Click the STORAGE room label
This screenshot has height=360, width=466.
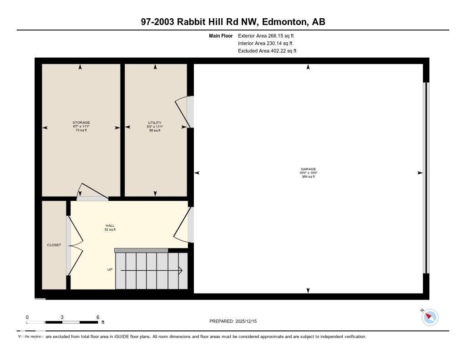pyautogui.click(x=81, y=122)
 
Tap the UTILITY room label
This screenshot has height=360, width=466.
pyautogui.click(x=155, y=122)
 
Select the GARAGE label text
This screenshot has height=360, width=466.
pyautogui.click(x=308, y=169)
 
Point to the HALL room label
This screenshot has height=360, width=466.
pyautogui.click(x=110, y=225)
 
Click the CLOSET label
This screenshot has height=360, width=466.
pyautogui.click(x=54, y=245)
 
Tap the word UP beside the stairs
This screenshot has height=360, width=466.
pyautogui.click(x=110, y=269)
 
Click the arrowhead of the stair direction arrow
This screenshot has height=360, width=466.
pyautogui.click(x=181, y=270)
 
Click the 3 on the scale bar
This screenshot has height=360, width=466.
pyautogui.click(x=62, y=317)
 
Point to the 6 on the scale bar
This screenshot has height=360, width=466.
pyautogui.click(x=97, y=317)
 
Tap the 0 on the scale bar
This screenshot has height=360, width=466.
pyautogui.click(x=27, y=317)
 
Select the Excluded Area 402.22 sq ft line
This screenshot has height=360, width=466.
pyautogui.click(x=267, y=51)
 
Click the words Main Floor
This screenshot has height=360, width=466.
pyautogui.click(x=221, y=35)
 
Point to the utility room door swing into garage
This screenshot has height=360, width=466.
pyautogui.click(x=183, y=112)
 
